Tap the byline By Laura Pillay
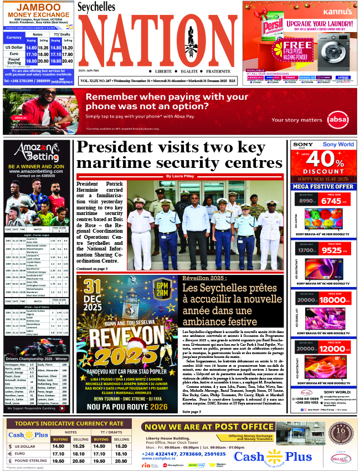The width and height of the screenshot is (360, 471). [x=182, y=176]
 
